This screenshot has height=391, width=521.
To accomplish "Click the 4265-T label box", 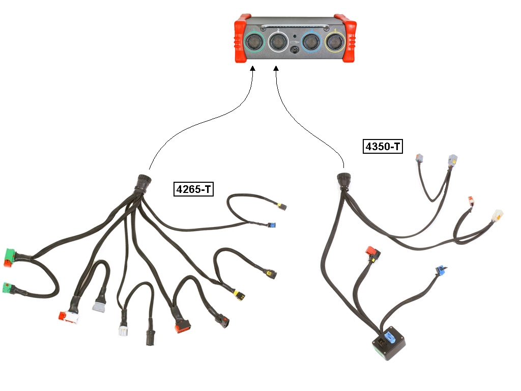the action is pyautogui.click(x=193, y=189).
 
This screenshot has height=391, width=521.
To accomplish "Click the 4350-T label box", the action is pyautogui.click(x=383, y=146).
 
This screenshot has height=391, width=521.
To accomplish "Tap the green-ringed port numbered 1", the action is pyautogui.click(x=254, y=42).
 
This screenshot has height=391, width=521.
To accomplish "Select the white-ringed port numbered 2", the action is pyautogui.click(x=278, y=42).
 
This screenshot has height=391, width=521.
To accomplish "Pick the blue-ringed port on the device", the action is pyautogui.click(x=311, y=42).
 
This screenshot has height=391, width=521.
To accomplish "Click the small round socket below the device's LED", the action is pyautogui.click(x=295, y=50).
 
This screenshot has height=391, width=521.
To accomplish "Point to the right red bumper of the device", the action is pyautogui.click(x=345, y=38).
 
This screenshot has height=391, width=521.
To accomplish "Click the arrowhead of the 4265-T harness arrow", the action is pyautogui.click(x=253, y=68).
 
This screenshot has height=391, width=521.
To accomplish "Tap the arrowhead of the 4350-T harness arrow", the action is pyautogui.click(x=276, y=68).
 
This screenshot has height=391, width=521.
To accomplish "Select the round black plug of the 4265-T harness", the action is pyautogui.click(x=143, y=183).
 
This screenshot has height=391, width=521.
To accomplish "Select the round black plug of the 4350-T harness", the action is pyautogui.click(x=343, y=180).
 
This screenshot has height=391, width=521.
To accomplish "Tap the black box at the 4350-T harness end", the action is pyautogui.click(x=389, y=343).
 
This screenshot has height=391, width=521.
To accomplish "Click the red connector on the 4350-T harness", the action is pyautogui.click(x=373, y=253).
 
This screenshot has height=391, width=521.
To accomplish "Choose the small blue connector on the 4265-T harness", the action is pyautogui.click(x=273, y=225).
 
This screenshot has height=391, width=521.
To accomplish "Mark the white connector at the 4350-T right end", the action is pyautogui.click(x=497, y=215).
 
